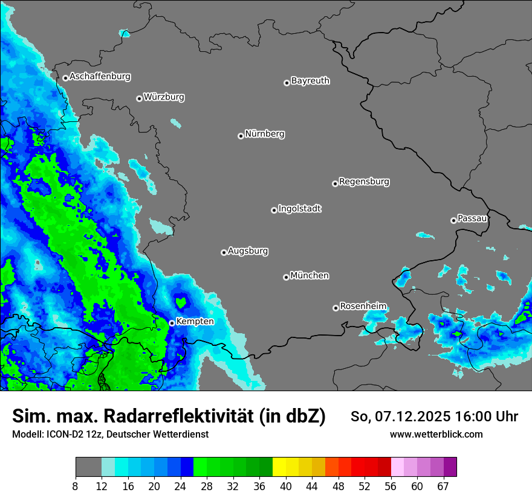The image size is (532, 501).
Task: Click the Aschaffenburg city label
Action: click(100, 77)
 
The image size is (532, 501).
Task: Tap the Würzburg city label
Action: click(164, 97)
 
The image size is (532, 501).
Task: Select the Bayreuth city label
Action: click(310, 81)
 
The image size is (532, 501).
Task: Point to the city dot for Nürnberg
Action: click(241, 136)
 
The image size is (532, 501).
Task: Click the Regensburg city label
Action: click(364, 182)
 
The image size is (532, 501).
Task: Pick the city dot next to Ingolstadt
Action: click(274, 210)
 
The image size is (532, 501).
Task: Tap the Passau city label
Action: click(472, 219)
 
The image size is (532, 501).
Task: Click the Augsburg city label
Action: click(248, 251)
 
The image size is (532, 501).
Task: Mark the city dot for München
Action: click(286, 278)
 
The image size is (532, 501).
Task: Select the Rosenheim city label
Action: click(363, 307)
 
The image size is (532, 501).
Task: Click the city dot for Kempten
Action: click(172, 323)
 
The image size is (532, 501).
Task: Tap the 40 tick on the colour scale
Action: click(286, 486)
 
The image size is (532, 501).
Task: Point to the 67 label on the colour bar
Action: click(443, 486)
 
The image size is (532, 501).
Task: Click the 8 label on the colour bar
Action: click(76, 486)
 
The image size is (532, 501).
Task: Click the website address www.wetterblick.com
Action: click(436, 434)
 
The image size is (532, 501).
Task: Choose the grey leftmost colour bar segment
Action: click(88, 467)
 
